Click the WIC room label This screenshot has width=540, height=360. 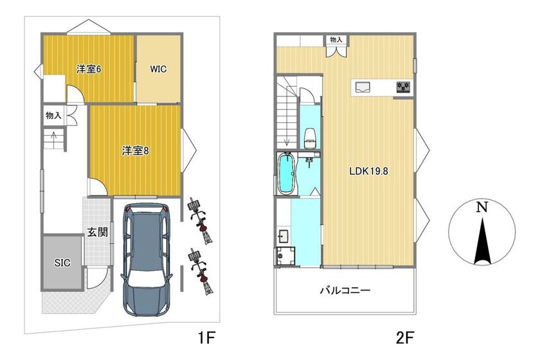pyautogui.click(x=158, y=69)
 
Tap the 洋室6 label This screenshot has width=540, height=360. pyautogui.click(x=89, y=69)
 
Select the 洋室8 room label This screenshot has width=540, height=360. pyautogui.click(x=136, y=150)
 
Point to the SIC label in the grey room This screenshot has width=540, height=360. pyautogui.click(x=62, y=263)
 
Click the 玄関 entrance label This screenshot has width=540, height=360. pyautogui.click(x=97, y=232)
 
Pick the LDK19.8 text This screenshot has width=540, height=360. pyautogui.click(x=368, y=171)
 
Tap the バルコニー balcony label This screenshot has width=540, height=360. pyautogui.click(x=345, y=291)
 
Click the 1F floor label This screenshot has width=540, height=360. pyautogui.click(x=206, y=337)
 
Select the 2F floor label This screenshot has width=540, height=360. pyautogui.click(x=404, y=337)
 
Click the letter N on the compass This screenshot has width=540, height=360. pyautogui.click(x=482, y=207)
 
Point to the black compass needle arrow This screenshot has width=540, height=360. pyautogui.click(x=482, y=241)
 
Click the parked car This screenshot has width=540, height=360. pyautogui.click(x=147, y=258)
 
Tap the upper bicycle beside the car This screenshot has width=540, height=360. pyautogui.click(x=200, y=221)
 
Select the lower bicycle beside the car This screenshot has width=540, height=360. pyautogui.click(x=201, y=271)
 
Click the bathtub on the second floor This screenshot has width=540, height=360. pyautogui.click(x=287, y=174)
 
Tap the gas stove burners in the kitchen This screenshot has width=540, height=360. pyautogui.click(x=403, y=87)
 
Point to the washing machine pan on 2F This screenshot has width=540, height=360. pyautogui.click(x=286, y=256)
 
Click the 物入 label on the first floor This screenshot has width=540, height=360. pyautogui.click(x=53, y=116)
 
